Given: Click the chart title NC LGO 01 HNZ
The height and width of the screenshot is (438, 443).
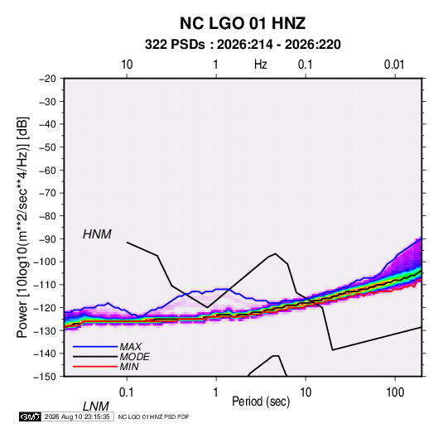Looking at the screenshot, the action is click(x=243, y=23).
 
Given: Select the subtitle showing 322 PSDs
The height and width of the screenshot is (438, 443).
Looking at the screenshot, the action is click(x=243, y=45).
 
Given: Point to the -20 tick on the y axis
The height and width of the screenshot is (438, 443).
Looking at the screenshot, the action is click(x=47, y=79).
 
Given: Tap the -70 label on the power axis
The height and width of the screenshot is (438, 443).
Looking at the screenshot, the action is click(x=47, y=193).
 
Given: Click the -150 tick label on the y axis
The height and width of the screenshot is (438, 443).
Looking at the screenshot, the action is click(x=46, y=377).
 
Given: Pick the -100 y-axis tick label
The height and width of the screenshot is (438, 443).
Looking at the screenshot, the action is click(x=46, y=262).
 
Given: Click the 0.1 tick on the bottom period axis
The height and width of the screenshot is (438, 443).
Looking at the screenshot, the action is click(x=126, y=392).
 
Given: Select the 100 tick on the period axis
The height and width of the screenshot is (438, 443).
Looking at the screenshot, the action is click(x=395, y=392).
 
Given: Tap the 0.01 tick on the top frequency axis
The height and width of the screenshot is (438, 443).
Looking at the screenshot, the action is click(x=394, y=65).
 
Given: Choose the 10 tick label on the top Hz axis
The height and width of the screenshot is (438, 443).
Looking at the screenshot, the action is click(x=127, y=65).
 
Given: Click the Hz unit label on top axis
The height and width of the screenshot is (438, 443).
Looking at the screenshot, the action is click(x=261, y=65).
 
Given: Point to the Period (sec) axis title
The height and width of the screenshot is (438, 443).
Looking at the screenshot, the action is click(x=261, y=402).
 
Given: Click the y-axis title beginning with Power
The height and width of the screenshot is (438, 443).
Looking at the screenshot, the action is click(x=22, y=227).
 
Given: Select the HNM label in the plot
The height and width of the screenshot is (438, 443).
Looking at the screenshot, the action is click(x=97, y=234).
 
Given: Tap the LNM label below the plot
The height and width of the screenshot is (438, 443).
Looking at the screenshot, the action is click(x=96, y=407).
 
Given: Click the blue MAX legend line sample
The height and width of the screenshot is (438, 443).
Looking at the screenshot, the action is click(x=95, y=347).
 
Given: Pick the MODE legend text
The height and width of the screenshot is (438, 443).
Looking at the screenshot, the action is click(x=134, y=357).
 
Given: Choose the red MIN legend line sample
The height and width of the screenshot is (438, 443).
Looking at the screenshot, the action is click(x=95, y=367).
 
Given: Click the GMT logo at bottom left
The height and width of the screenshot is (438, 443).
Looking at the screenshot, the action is click(x=31, y=416).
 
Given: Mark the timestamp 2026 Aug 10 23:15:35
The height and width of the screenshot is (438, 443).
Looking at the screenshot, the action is click(x=77, y=416).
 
